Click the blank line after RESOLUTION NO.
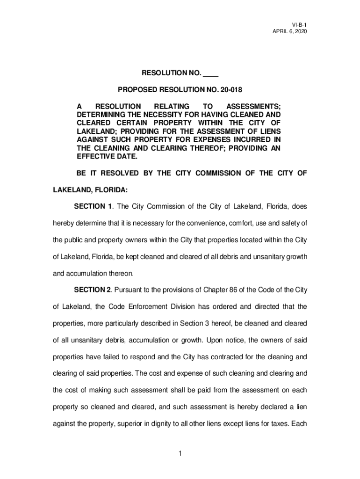pos(211,74)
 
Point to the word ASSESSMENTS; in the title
pos(253,106)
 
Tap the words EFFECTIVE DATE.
pos(102,157)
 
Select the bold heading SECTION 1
pos(94,206)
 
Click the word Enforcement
pos(165,307)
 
